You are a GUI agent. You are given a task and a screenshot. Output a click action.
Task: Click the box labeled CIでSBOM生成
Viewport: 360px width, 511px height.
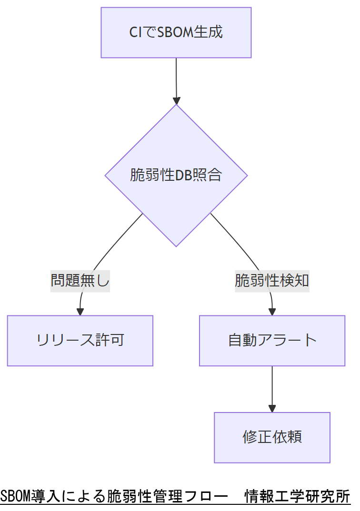[176, 32]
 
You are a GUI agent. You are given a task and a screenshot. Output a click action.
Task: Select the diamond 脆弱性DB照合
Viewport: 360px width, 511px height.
[176, 175]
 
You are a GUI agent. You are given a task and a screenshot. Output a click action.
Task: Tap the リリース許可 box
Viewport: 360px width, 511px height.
[80, 340]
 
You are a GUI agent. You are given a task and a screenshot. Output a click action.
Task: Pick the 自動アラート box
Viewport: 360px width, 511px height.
[272, 340]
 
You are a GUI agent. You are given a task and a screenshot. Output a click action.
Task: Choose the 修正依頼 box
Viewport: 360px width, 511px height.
[272, 437]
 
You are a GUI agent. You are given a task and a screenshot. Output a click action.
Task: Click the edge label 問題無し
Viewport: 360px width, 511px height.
[80, 281]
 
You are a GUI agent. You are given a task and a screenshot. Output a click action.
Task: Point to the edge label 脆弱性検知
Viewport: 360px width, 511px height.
[272, 281]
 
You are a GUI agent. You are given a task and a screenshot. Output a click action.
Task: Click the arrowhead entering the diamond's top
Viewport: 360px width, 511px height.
[177, 100]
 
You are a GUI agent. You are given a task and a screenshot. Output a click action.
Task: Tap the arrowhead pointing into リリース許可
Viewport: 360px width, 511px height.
[80, 312]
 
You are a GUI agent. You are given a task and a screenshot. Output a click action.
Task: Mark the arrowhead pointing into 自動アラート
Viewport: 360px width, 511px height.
[272, 312]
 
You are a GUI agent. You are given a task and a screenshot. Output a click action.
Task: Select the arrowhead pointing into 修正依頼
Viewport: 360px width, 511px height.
[272, 408]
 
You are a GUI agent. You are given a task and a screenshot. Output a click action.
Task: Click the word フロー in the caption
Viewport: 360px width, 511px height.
[205, 496]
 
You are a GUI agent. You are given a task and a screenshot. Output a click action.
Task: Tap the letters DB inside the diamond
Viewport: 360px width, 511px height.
[183, 175]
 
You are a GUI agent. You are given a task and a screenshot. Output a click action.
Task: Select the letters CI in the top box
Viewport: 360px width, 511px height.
[135, 32]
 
